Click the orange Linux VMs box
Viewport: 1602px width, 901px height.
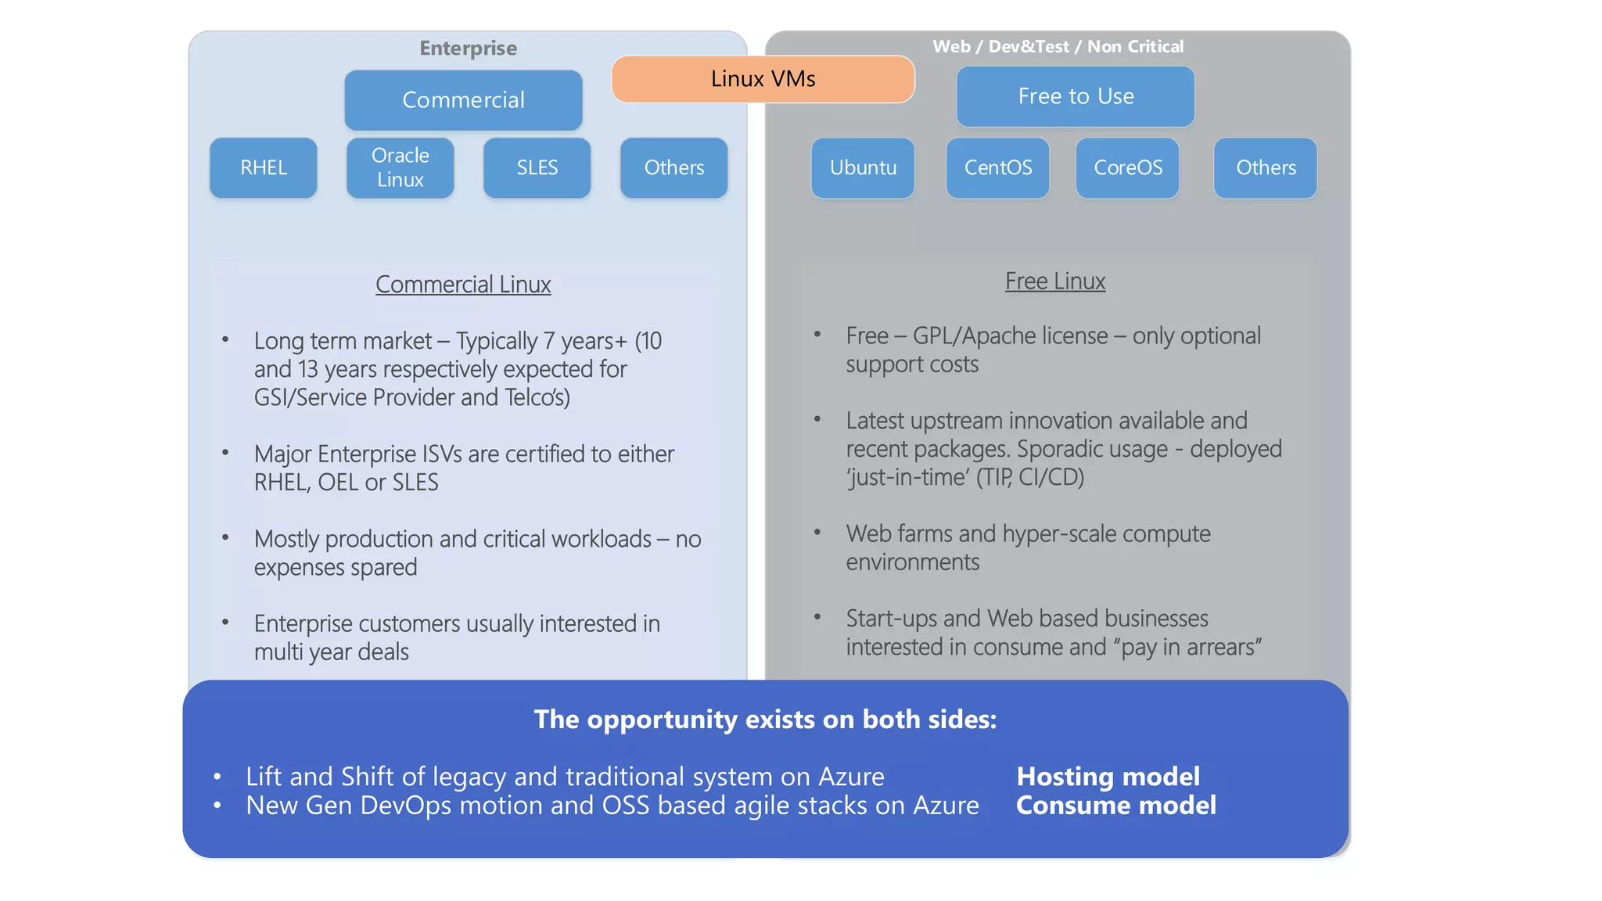(x=763, y=79)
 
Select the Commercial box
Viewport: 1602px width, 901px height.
(x=463, y=100)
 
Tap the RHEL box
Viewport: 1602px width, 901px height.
(x=264, y=167)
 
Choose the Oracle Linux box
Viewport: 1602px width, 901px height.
(x=400, y=167)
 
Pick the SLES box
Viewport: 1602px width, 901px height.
(x=537, y=167)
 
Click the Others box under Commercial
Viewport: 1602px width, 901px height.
(x=673, y=167)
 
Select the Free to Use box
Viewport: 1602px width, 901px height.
(x=1076, y=96)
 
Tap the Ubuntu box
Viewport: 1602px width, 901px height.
(x=863, y=167)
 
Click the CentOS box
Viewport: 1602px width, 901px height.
(x=997, y=167)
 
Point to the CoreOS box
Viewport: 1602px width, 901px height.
(x=1127, y=167)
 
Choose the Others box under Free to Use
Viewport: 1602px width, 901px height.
(x=1265, y=167)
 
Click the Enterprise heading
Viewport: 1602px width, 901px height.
(x=468, y=48)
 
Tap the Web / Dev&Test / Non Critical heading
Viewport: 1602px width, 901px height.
(x=1058, y=47)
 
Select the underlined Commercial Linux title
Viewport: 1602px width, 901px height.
(x=463, y=285)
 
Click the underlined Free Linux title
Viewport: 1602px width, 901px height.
(x=1054, y=282)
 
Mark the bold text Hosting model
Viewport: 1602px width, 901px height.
(x=1108, y=777)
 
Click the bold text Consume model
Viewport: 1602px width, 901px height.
(x=1115, y=806)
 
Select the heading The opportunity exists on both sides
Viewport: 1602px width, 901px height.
(x=765, y=720)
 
